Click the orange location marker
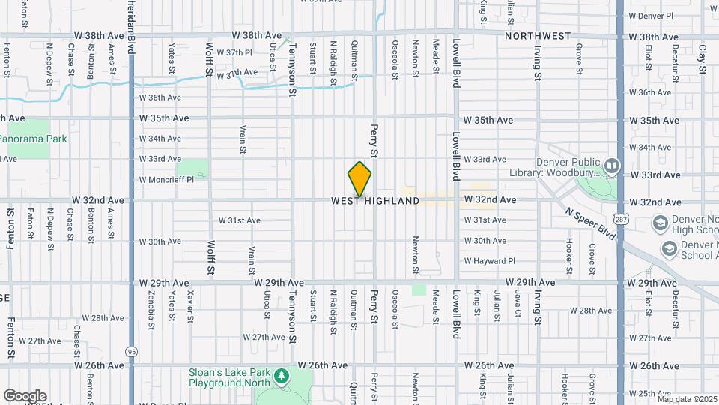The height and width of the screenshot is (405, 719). [x=359, y=178]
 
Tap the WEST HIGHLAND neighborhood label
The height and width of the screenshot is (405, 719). [x=375, y=202]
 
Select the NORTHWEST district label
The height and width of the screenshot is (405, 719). [x=538, y=36]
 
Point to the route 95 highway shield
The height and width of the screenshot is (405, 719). [x=132, y=351]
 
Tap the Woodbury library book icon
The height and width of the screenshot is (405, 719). [x=613, y=165]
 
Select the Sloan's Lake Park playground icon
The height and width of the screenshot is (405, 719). [x=282, y=374]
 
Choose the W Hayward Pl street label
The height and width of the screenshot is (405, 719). [x=490, y=261]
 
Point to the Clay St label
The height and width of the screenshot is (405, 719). [x=702, y=58]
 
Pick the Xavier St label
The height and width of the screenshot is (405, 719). [x=190, y=306]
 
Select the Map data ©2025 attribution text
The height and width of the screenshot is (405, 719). [x=686, y=398]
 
